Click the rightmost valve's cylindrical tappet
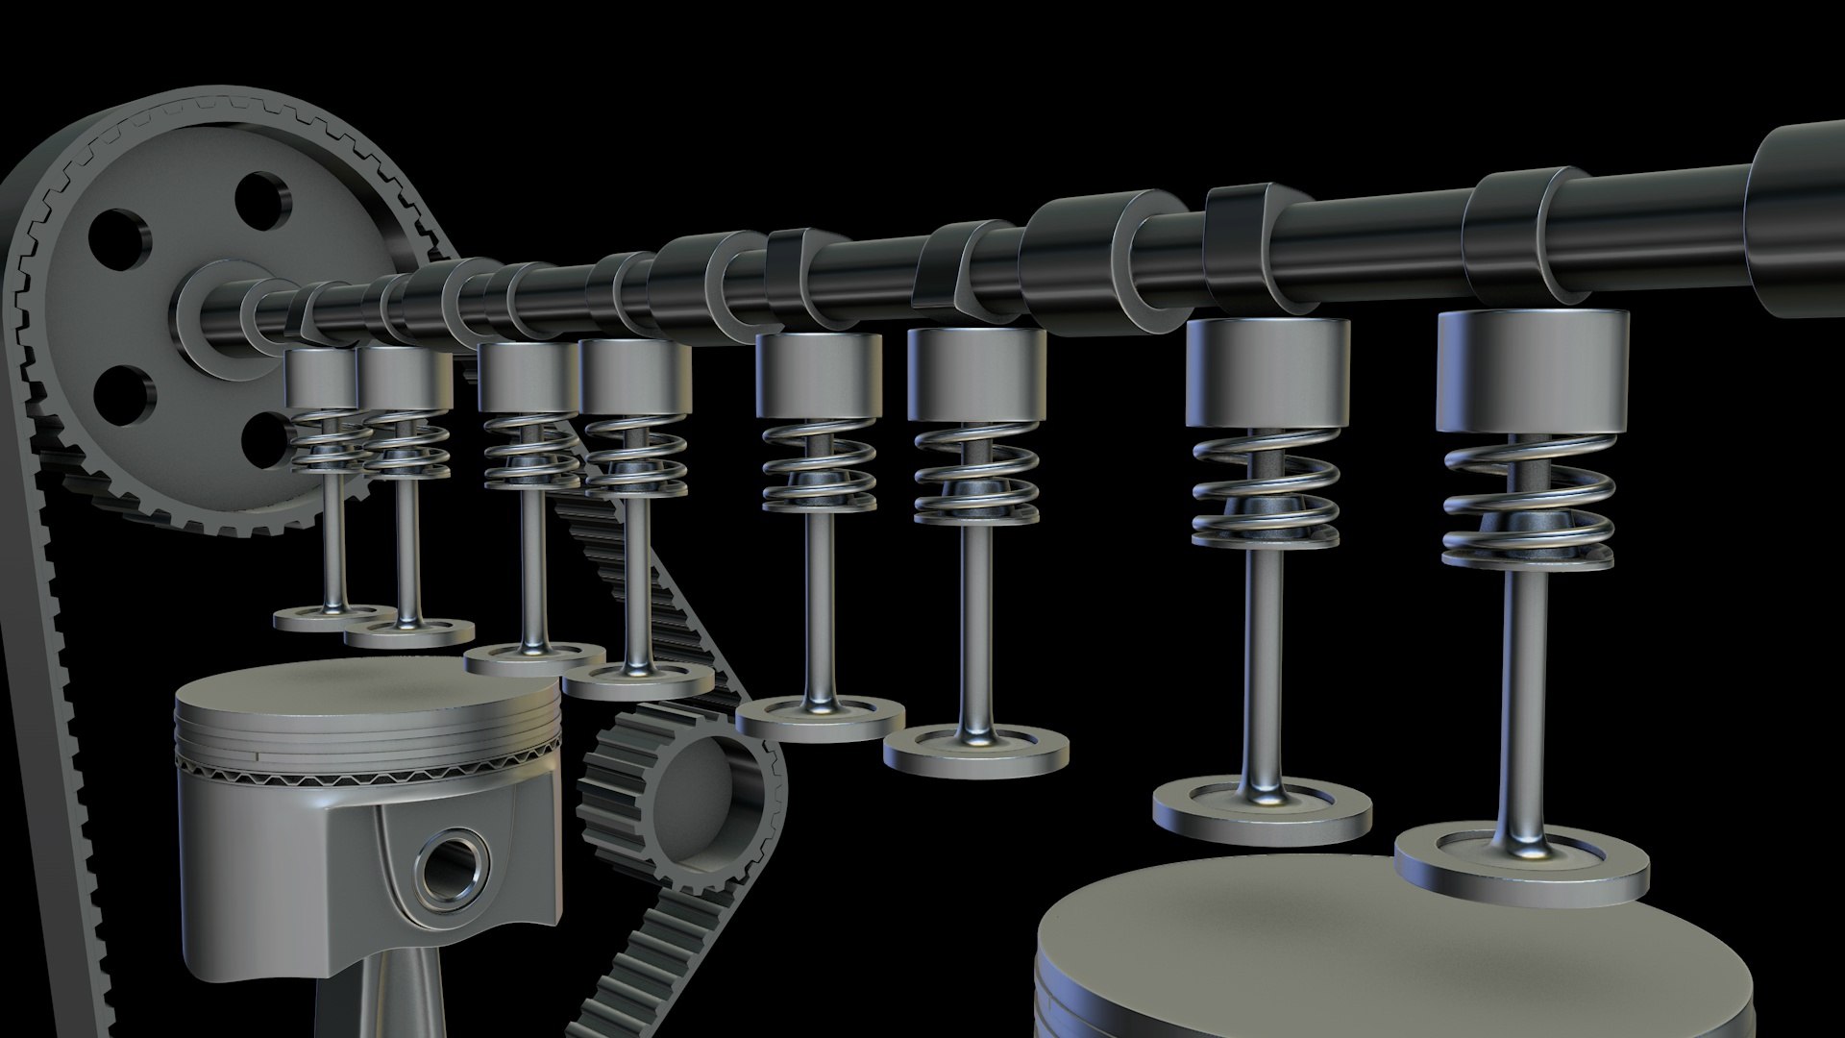point(1532,370)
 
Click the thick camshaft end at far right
point(1797,221)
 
